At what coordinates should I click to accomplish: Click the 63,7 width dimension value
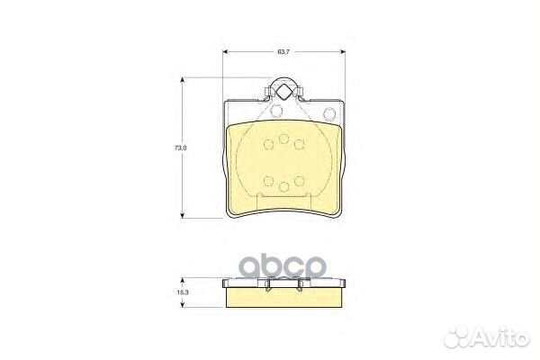pos(283,52)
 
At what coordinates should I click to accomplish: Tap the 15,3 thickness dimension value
pos(181,292)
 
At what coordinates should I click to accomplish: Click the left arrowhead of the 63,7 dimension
pos(226,52)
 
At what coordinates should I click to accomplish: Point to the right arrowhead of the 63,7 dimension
pos(343,52)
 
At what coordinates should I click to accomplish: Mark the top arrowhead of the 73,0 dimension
pos(183,80)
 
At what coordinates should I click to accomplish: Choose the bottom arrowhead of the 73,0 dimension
pos(183,215)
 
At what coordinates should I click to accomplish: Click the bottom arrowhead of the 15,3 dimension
pos(183,304)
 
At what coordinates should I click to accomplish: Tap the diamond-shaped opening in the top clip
pos(283,92)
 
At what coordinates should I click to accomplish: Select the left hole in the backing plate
pos(276,111)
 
